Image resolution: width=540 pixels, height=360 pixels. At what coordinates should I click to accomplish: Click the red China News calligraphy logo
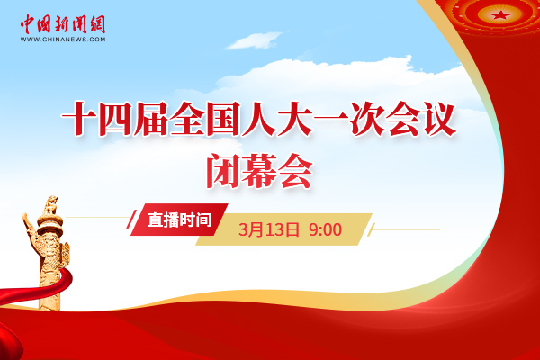pyautogui.click(x=63, y=24)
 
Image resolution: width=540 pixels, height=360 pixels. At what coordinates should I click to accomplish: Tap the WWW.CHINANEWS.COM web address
pyautogui.click(x=63, y=40)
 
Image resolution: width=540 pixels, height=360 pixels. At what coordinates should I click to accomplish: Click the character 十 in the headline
pyautogui.click(x=79, y=119)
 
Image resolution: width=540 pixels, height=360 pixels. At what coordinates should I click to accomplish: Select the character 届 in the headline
pyautogui.click(x=150, y=119)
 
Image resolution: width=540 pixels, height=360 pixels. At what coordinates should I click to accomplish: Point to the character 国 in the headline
pyautogui.click(x=223, y=119)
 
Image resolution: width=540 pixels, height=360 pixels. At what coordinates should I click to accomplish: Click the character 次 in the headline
pyautogui.click(x=367, y=119)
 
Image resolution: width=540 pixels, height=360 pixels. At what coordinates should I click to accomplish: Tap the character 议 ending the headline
pyautogui.click(x=440, y=119)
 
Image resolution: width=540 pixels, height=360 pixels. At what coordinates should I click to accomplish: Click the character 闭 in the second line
pyautogui.click(x=223, y=171)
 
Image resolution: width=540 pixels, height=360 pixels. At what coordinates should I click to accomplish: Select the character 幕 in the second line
pyautogui.click(x=259, y=171)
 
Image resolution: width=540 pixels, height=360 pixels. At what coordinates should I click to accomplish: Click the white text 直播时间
pyautogui.click(x=179, y=220)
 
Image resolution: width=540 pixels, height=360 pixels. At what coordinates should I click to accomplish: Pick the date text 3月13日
pyautogui.click(x=269, y=229)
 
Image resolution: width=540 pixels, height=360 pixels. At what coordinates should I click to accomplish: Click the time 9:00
pyautogui.click(x=325, y=229)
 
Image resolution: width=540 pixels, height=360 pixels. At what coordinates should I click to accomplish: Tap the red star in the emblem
pyautogui.click(x=499, y=14)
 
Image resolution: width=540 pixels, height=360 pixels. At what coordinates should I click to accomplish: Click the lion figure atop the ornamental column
pyautogui.click(x=50, y=205)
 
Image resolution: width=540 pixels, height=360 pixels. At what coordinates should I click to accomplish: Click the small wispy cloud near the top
pyautogui.click(x=254, y=40)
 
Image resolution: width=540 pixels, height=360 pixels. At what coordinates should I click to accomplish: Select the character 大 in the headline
pyautogui.click(x=295, y=119)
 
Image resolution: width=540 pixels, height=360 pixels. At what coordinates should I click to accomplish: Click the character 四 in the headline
pyautogui.click(x=114, y=119)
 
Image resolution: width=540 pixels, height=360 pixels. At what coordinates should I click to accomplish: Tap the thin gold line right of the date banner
pyautogui.click(x=407, y=229)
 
